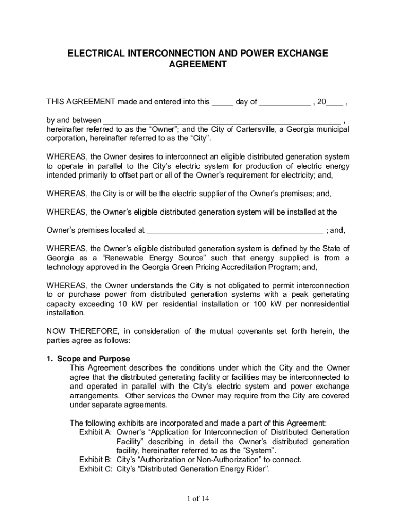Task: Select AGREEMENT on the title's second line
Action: pyautogui.click(x=197, y=65)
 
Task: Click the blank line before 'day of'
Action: pyautogui.click(x=223, y=102)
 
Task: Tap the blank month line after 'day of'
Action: pyautogui.click(x=284, y=102)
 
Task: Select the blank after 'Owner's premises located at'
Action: pyautogui.click(x=235, y=230)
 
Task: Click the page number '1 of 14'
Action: pyautogui.click(x=198, y=498)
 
